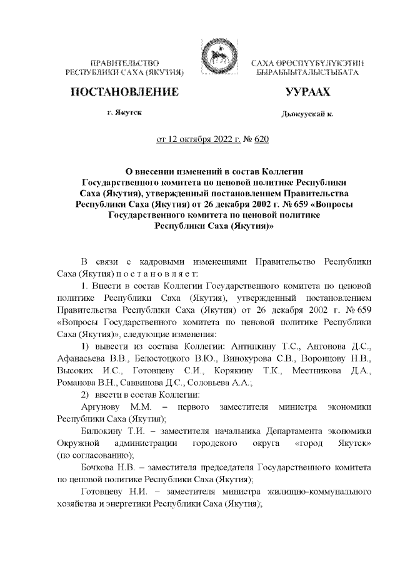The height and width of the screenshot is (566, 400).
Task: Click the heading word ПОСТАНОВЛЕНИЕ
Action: [125, 93]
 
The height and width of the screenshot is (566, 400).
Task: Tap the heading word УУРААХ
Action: [307, 93]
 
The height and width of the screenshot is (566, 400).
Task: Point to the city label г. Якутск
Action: [124, 113]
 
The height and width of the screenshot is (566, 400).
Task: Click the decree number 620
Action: [261, 141]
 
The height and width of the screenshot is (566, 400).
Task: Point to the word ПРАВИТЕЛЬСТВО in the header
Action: [124, 64]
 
